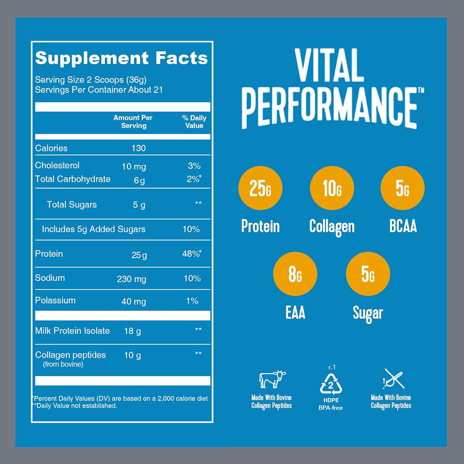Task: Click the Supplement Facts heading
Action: tap(121, 58)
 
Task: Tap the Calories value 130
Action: tap(138, 148)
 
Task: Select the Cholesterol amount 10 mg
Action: tap(134, 166)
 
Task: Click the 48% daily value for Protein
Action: tap(191, 254)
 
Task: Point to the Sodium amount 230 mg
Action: tap(131, 279)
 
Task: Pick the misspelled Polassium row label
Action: tap(55, 300)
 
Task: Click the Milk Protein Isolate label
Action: tap(72, 331)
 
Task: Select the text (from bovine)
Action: tap(63, 364)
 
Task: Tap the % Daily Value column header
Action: tap(194, 122)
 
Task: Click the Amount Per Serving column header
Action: tap(133, 122)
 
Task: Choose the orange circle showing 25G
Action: tap(260, 188)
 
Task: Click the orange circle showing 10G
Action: tap(332, 188)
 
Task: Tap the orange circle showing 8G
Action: tap(295, 274)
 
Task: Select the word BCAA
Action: tap(403, 226)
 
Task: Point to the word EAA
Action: tap(295, 312)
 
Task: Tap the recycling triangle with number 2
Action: tap(331, 385)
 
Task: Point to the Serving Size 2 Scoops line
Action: tap(91, 80)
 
